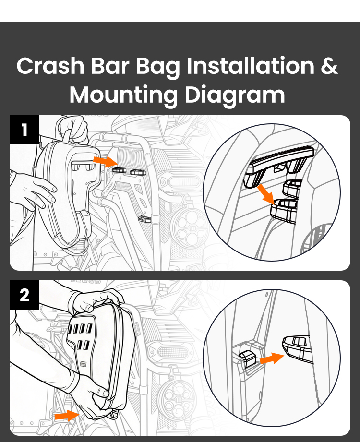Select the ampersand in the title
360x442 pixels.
(x=329, y=67)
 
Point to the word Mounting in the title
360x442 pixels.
(x=123, y=95)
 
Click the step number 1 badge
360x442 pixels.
(x=24, y=130)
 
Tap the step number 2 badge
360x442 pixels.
(x=24, y=295)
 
